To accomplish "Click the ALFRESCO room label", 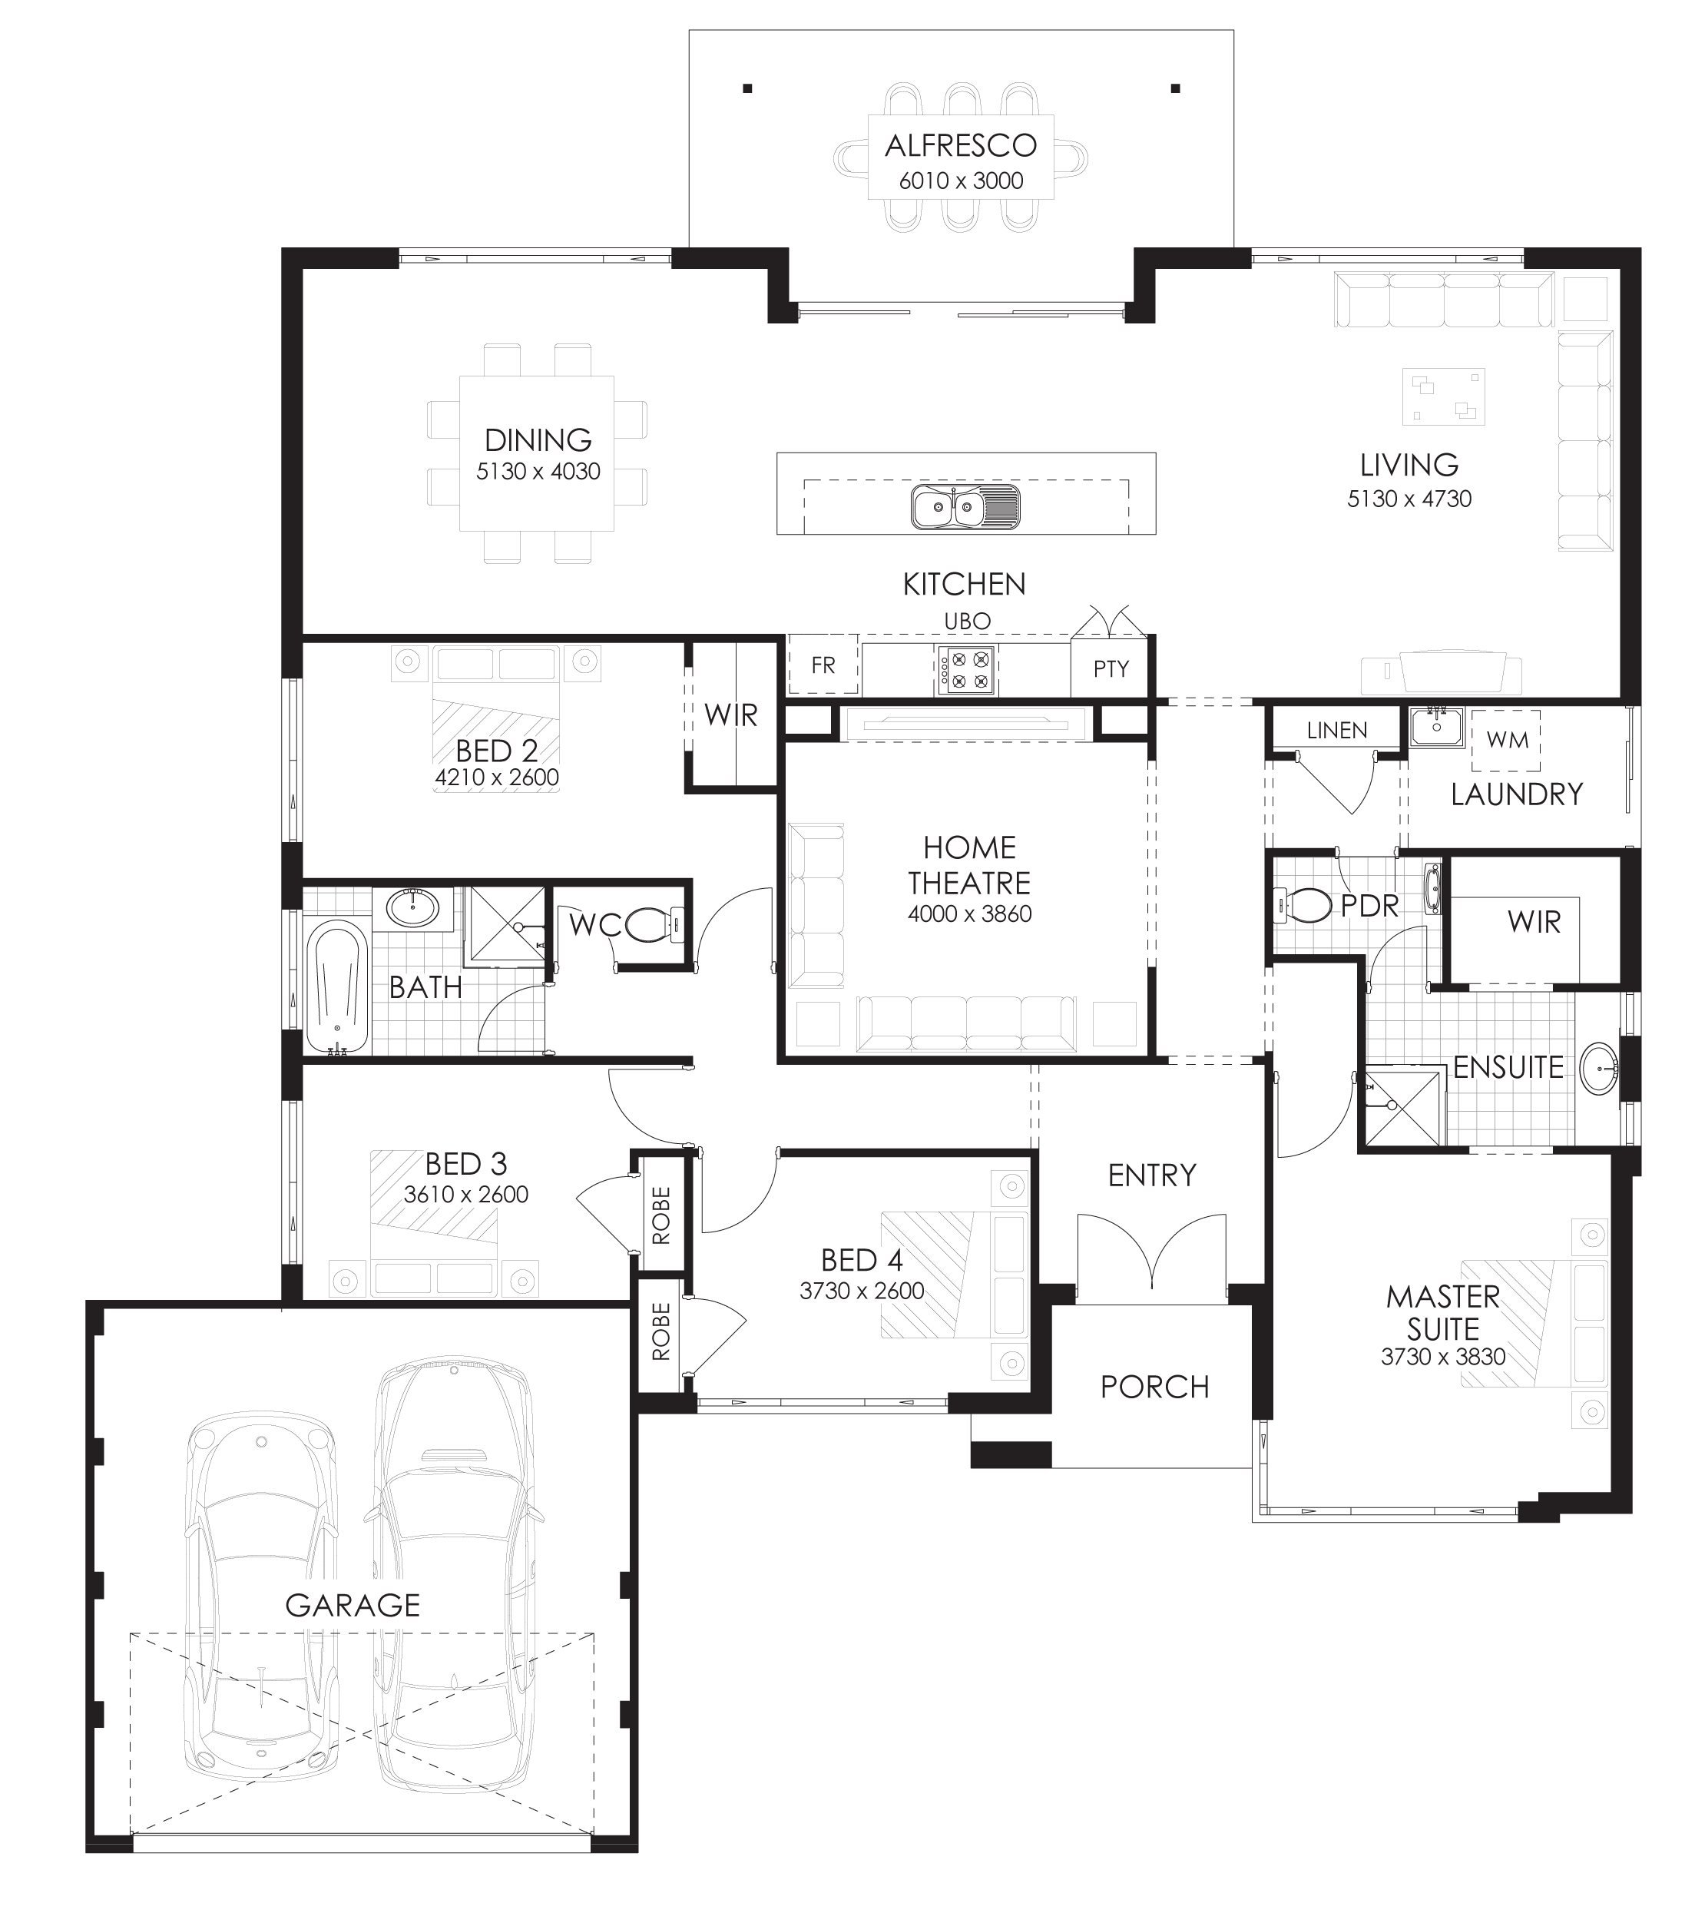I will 960,146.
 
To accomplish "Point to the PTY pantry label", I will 1111,669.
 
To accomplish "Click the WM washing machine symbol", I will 1507,741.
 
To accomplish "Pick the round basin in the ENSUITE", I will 1599,1069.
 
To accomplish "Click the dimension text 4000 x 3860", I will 968,913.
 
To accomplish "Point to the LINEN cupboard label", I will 1336,730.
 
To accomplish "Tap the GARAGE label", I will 353,1605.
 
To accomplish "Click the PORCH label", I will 1154,1387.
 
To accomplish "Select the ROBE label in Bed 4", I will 661,1331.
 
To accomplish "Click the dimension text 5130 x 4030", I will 538,472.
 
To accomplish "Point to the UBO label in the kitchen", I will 967,622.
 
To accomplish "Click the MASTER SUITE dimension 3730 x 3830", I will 1443,1357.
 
